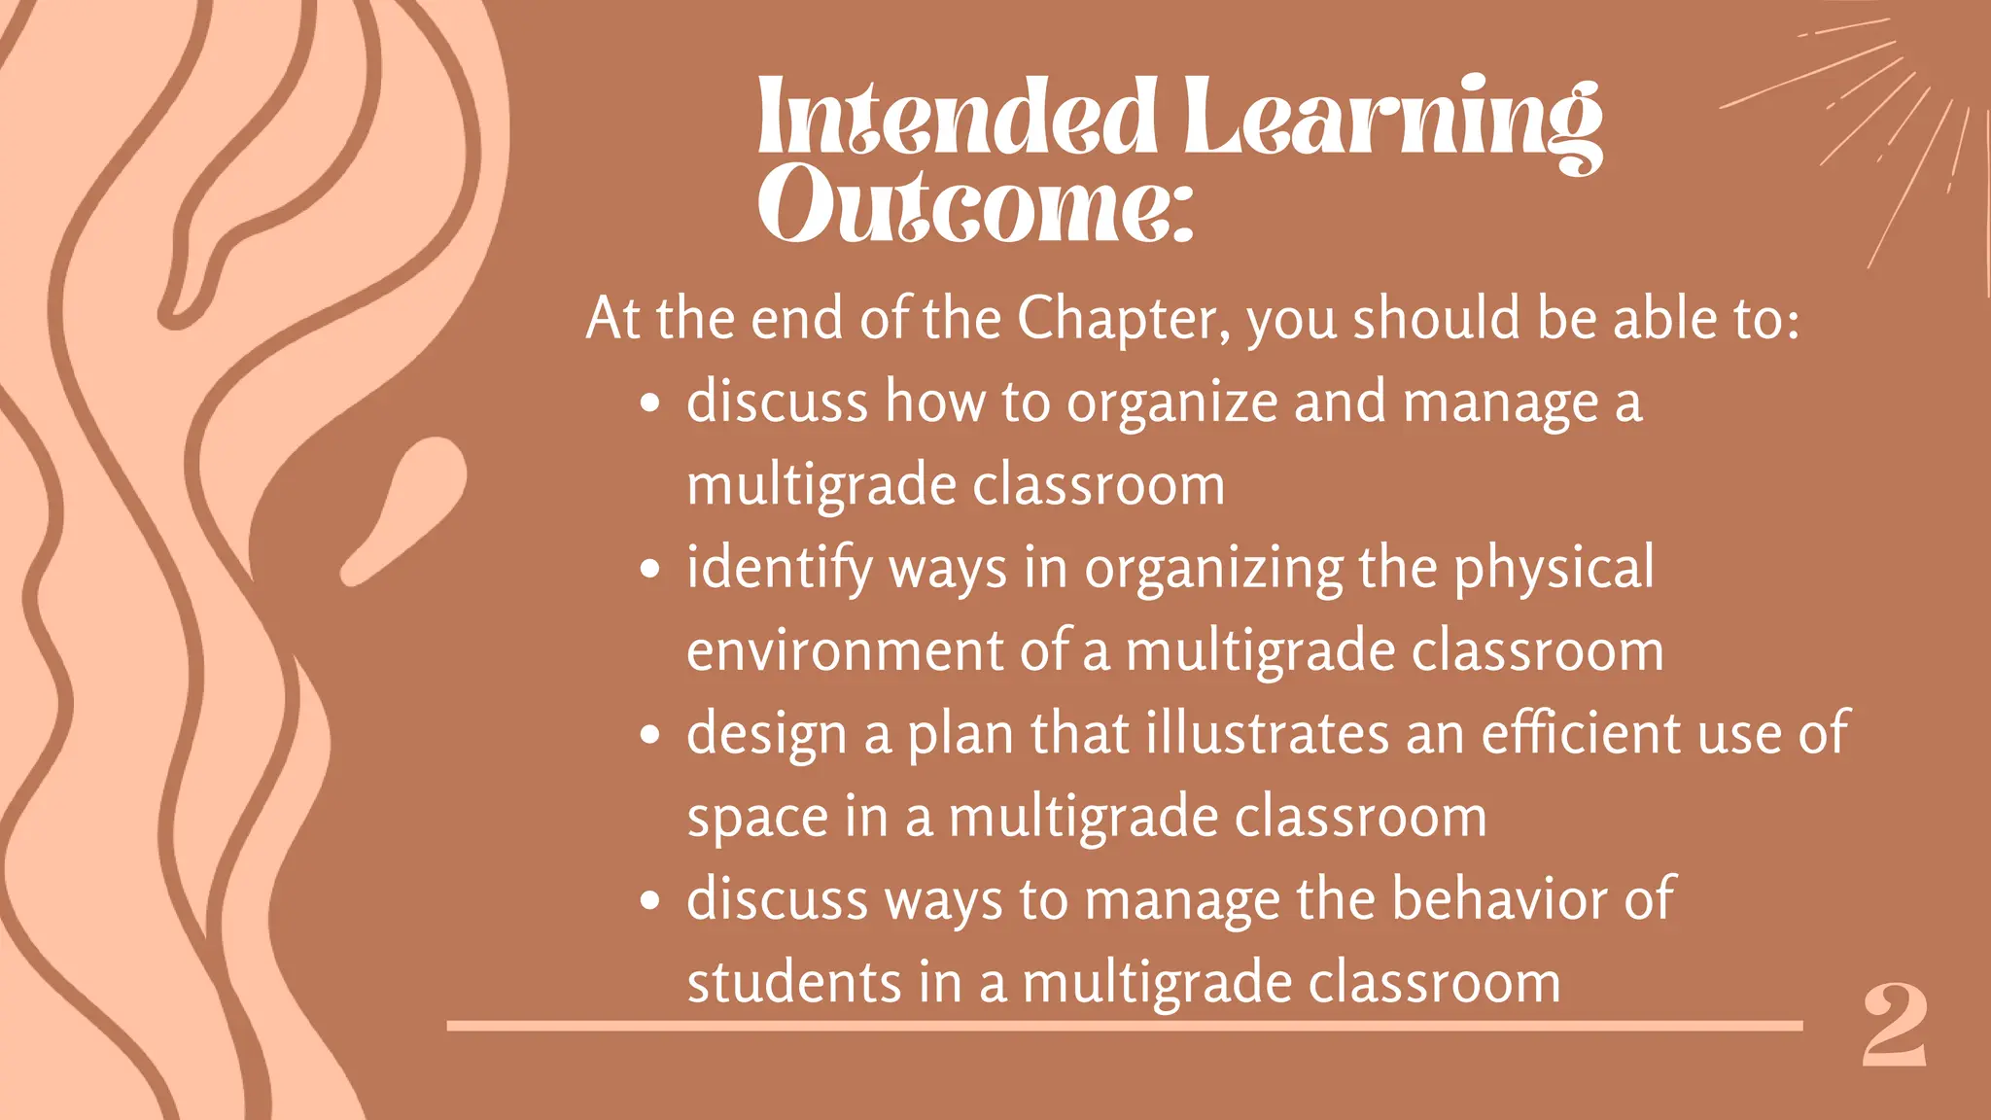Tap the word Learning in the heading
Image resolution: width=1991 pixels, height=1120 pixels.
1392,119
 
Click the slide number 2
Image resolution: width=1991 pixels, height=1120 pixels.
1894,1027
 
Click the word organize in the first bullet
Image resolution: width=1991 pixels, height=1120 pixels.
1172,402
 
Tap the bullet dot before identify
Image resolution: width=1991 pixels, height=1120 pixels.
650,570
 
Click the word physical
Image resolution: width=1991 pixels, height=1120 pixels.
1554,568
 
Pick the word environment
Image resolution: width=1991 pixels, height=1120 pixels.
845,651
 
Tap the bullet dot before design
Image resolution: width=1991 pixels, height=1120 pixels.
650,735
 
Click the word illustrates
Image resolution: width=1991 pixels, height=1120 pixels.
1268,733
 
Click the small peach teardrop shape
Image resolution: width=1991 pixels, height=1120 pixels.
408,506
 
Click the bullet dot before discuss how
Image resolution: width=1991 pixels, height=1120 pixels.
650,403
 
